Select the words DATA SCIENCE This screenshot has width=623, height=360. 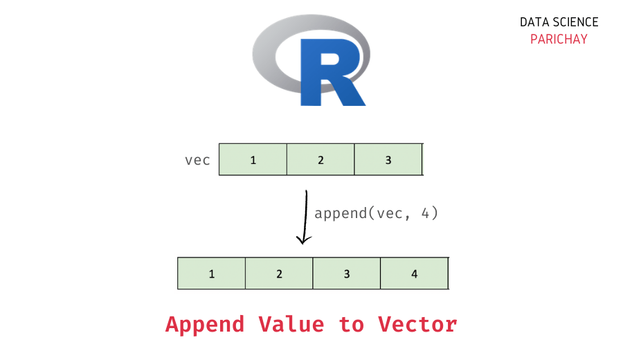click(559, 22)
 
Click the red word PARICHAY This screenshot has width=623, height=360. click(559, 39)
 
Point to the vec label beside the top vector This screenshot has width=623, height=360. click(197, 160)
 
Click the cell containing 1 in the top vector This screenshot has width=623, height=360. click(253, 160)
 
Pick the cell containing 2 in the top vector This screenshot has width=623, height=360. click(320, 160)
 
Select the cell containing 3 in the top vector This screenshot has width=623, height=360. click(388, 160)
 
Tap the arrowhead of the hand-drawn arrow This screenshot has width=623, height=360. click(303, 240)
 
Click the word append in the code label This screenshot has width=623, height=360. click(340, 213)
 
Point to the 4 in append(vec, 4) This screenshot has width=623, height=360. click(426, 213)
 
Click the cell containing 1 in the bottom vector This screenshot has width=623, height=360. click(212, 273)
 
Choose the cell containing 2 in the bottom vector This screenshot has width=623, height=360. click(279, 273)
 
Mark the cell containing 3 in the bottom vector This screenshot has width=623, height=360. click(347, 273)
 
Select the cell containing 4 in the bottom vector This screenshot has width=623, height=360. click(414, 273)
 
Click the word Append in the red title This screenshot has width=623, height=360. click(205, 324)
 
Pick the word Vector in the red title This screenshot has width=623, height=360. click(417, 324)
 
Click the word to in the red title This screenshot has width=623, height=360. click(352, 324)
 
